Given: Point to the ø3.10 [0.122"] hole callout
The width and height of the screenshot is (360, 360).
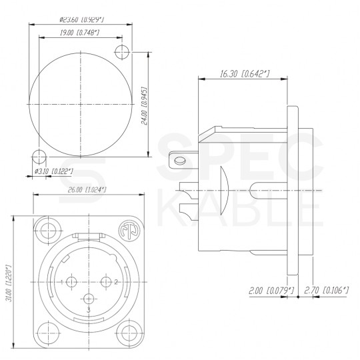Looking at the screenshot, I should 53,172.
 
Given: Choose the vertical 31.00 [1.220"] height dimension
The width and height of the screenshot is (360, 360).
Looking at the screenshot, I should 9,280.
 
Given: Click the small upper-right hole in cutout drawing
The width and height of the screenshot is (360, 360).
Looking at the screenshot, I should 123,52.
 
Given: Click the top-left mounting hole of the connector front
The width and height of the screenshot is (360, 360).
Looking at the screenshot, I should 48,232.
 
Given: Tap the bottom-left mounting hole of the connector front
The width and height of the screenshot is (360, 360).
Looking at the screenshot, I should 48,331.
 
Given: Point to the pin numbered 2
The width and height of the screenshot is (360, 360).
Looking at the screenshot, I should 105,282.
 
